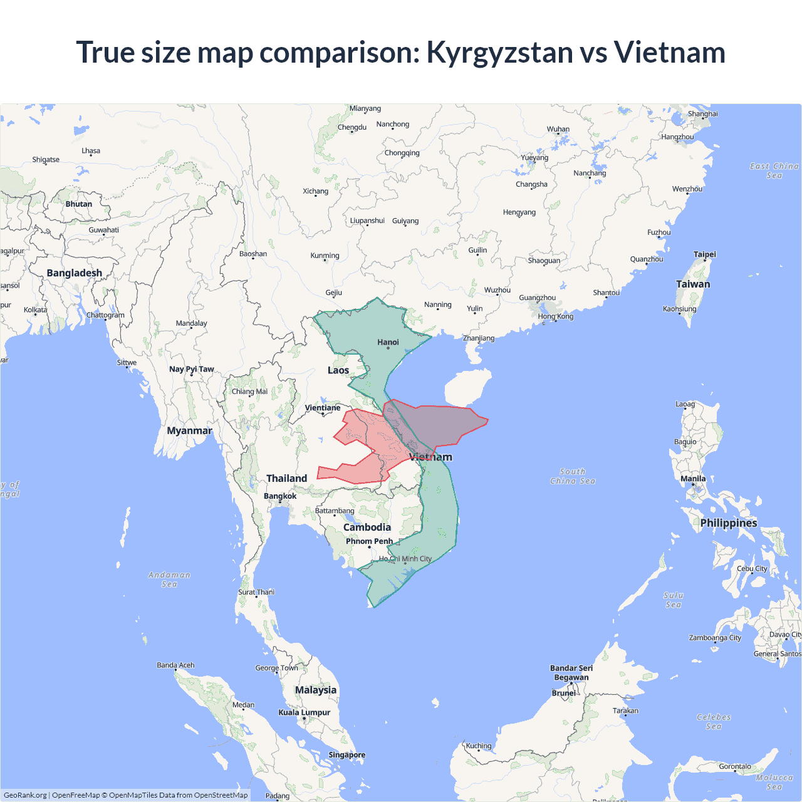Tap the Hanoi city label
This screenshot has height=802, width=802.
pyautogui.click(x=388, y=342)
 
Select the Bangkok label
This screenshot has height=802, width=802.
pyautogui.click(x=280, y=496)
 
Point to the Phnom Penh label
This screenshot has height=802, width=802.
pyautogui.click(x=369, y=541)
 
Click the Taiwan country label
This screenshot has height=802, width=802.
pyautogui.click(x=693, y=284)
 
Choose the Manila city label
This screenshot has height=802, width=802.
pyautogui.click(x=693, y=479)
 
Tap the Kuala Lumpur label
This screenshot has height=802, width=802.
pyautogui.click(x=304, y=712)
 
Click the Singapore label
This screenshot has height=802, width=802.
pyautogui.click(x=346, y=755)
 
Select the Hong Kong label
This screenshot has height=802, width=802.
pyautogui.click(x=555, y=316)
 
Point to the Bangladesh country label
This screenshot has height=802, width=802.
pyautogui.click(x=74, y=273)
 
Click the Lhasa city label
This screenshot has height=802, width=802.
pyautogui.click(x=91, y=151)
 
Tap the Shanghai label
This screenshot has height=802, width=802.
pyautogui.click(x=702, y=114)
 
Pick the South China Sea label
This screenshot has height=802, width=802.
pyautogui.click(x=573, y=476)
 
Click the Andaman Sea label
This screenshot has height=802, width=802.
pyautogui.click(x=169, y=580)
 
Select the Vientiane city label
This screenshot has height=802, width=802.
pyautogui.click(x=323, y=408)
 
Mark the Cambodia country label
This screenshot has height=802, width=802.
pyautogui.click(x=367, y=528)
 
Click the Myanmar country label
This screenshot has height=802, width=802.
pyautogui.click(x=189, y=430)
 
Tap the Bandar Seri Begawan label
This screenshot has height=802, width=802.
pyautogui.click(x=571, y=672)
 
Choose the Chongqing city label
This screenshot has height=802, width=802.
pyautogui.click(x=402, y=153)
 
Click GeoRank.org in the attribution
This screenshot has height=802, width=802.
pyautogui.click(x=25, y=795)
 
